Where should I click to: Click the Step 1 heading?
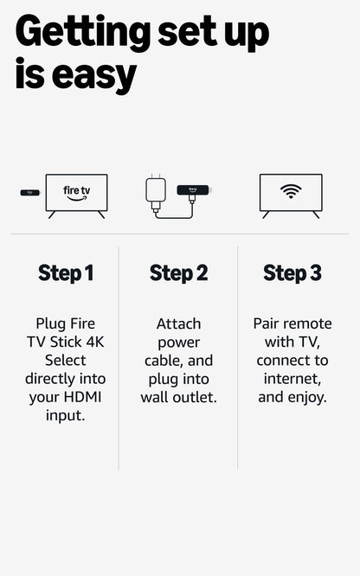[65, 273]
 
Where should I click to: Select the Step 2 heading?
[178, 273]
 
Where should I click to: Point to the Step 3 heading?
[292, 273]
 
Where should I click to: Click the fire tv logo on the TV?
[77, 192]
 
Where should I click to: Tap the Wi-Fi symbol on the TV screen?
[291, 191]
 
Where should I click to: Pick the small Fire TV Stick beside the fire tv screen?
[29, 192]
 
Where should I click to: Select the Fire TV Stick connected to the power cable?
[194, 189]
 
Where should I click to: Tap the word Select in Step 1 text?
[66, 360]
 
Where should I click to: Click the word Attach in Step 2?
[178, 323]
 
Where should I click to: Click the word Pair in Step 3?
[267, 323]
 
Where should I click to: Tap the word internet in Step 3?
[292, 379]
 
